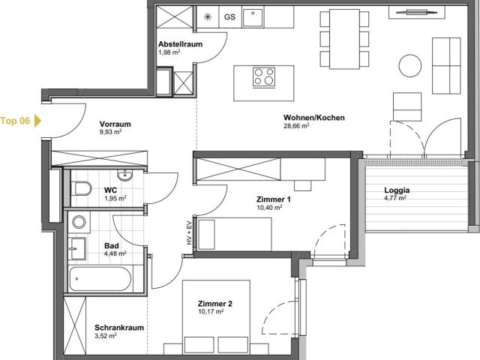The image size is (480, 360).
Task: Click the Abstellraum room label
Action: click(x=180, y=44)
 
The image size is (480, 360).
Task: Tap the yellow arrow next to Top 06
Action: click(x=37, y=121)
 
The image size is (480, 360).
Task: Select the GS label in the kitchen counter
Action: click(x=230, y=16)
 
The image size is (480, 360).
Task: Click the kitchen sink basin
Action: click(x=253, y=17)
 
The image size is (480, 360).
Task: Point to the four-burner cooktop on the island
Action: click(x=264, y=76)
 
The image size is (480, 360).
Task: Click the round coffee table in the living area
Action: click(x=410, y=65)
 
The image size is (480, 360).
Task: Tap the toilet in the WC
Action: click(x=81, y=188)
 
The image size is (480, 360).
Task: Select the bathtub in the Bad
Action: click(x=100, y=278)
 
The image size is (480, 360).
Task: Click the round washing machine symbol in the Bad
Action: click(x=79, y=222)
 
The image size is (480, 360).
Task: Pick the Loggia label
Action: click(x=397, y=190)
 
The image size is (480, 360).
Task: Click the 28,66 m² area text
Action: click(x=296, y=125)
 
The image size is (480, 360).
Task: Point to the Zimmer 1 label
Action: click(x=273, y=199)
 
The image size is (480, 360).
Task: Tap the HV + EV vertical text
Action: click(x=189, y=232)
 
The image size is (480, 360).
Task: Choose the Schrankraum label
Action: click(x=119, y=328)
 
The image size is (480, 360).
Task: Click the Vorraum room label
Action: click(x=115, y=124)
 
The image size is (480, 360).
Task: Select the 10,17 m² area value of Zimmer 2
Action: click(x=211, y=312)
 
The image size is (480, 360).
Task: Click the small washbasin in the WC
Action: click(x=125, y=175)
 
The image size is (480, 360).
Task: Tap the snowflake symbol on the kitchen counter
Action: click(x=208, y=16)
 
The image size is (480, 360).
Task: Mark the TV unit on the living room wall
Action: click(x=416, y=12)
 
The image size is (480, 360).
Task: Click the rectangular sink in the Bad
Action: click(x=76, y=248)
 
